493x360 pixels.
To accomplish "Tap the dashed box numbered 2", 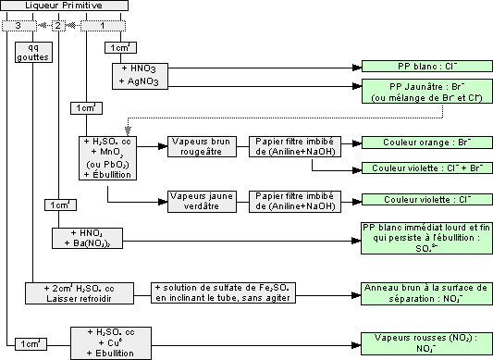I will [58, 25].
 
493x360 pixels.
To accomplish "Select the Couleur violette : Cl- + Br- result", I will [420, 168].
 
